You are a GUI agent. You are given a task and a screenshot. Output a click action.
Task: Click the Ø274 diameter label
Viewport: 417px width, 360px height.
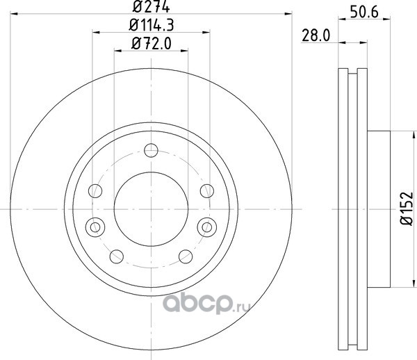151,6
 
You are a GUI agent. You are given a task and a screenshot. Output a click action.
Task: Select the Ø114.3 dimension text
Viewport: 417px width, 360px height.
152,25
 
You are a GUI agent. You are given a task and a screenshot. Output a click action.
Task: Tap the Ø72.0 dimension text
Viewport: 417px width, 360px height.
152,43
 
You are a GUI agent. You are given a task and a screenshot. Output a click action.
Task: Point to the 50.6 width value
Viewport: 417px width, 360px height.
364,12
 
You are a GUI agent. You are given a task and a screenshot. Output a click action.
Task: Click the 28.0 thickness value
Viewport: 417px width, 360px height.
316,35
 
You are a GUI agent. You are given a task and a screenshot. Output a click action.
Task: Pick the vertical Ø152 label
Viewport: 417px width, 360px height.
407,208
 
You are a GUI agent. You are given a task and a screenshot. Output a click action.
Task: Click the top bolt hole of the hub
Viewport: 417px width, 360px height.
151,150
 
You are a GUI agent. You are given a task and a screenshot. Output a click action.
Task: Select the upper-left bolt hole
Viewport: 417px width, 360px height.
95,191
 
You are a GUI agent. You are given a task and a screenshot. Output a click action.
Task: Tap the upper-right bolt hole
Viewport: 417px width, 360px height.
207,191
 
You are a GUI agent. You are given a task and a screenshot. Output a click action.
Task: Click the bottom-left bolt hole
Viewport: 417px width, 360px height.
117,256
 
